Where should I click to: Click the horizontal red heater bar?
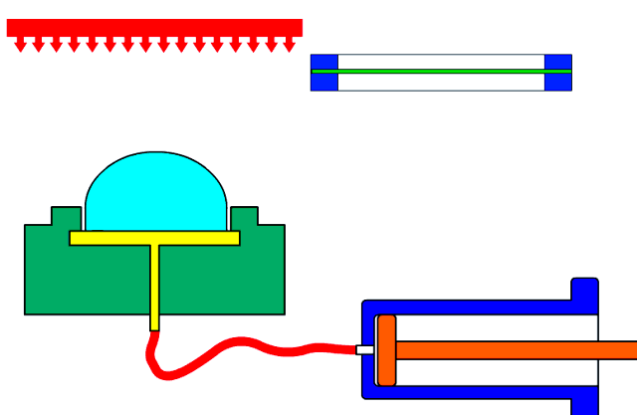click(154, 28)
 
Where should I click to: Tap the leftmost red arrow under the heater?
click(20, 45)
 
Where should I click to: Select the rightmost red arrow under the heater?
click(289, 45)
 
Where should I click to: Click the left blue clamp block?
click(324, 73)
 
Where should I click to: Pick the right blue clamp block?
click(558, 73)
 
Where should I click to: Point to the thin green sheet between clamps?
click(441, 71)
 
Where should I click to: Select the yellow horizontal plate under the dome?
click(154, 238)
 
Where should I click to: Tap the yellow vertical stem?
click(155, 284)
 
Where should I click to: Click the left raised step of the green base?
click(66, 216)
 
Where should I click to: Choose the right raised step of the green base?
click(244, 216)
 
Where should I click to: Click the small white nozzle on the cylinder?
click(365, 349)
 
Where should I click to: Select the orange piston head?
click(386, 350)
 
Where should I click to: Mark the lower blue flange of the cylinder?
click(584, 403)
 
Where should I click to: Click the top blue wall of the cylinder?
click(468, 308)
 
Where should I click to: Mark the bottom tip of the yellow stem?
click(155, 326)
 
